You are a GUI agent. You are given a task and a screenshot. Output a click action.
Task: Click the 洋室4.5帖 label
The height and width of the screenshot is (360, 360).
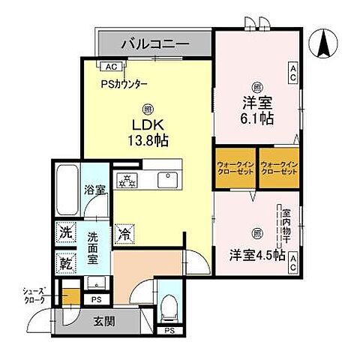pos(256,255)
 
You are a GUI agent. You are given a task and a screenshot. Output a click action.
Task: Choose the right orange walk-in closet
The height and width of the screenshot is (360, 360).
pos(279,169)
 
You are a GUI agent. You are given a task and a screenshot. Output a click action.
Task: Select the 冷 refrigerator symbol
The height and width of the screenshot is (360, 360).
pos(124,235)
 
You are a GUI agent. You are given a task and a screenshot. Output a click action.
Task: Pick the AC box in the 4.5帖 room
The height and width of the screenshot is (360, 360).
pos(293,260)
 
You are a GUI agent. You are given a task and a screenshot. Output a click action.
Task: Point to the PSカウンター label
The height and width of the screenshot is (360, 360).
pos(124,83)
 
